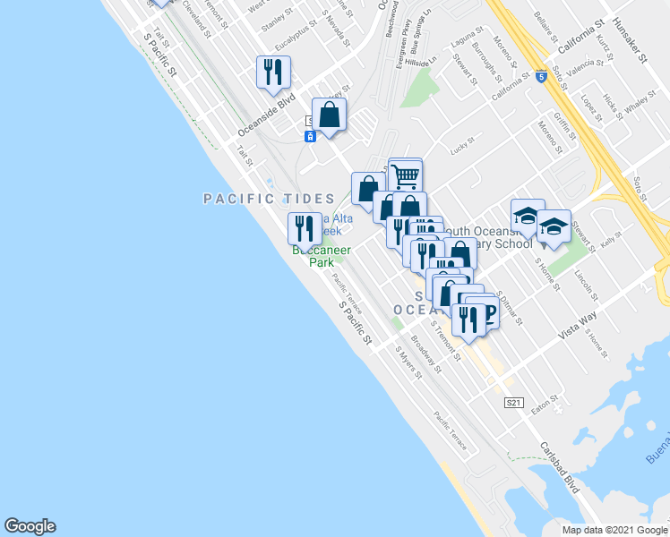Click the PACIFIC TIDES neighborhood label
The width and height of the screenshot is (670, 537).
coord(268,198)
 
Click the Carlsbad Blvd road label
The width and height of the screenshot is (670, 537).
coord(560,467)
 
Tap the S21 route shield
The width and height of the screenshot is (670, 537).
coord(512,404)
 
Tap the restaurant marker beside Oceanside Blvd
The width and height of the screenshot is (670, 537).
coord(274,72)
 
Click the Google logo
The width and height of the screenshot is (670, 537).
coord(30,526)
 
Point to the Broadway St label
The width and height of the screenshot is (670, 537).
coord(426,354)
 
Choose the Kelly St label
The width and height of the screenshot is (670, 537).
coord(611,240)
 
